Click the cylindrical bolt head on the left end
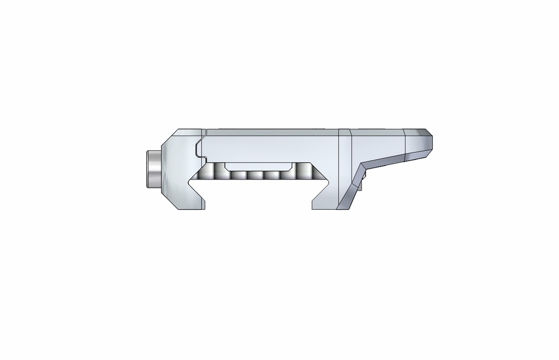point(153,169)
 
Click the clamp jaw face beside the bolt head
point(175,169)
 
